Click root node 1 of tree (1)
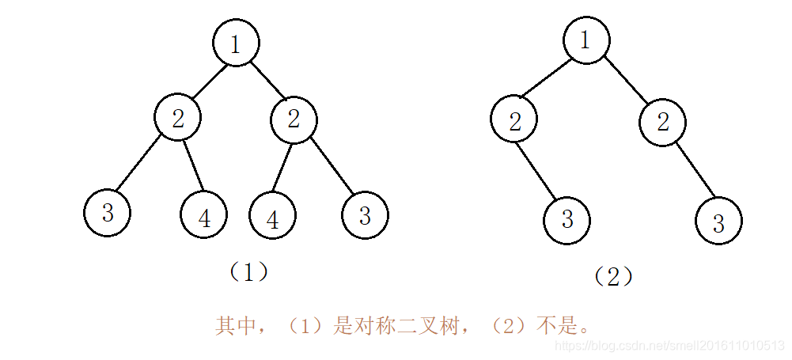coord(236,44)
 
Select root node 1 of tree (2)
coord(586,39)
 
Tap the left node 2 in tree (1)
coord(178,119)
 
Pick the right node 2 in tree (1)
coord(294,119)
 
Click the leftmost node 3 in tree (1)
coord(108,213)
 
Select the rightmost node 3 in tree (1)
coord(365,215)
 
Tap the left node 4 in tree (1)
coord(204,215)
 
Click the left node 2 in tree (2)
coord(513,121)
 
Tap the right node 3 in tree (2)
coord(718,221)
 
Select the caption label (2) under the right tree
coord(613,276)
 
